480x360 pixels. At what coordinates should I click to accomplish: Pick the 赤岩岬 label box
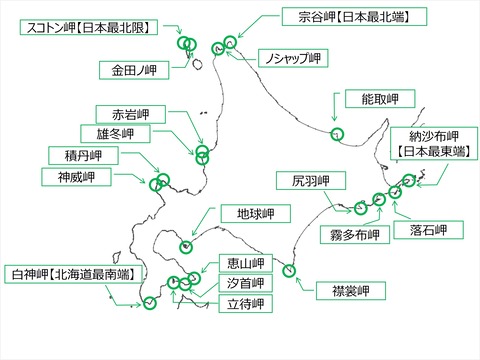pos(127,112)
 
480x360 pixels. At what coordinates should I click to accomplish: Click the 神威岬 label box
pos(71,176)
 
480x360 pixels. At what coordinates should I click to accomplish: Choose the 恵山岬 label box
pos(243,264)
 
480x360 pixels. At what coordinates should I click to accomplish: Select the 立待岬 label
pos(243,304)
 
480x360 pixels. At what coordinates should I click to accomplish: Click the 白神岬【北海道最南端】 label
pos(74,273)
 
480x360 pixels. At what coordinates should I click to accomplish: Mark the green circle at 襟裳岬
pos(288,270)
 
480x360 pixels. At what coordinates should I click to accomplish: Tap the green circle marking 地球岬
pos(186,246)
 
